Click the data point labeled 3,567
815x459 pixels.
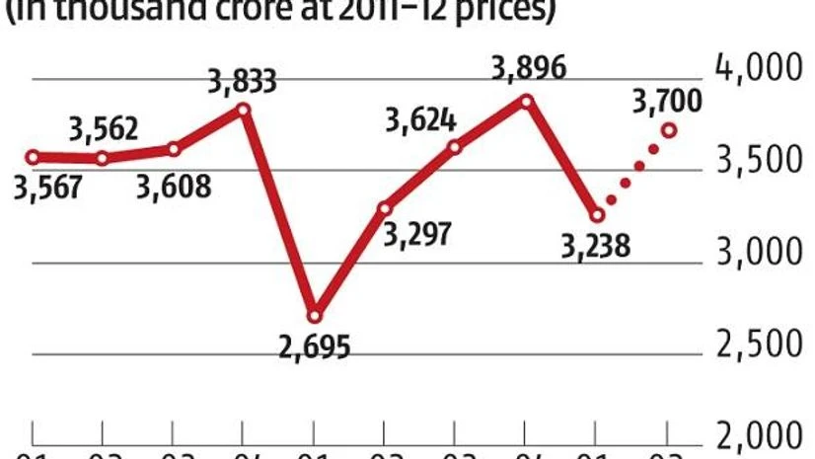coord(33,157)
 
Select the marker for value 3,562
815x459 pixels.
coord(103,158)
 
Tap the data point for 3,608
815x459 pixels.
coord(174,149)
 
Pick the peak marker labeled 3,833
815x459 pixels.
coord(245,109)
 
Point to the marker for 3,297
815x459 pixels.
coord(386,207)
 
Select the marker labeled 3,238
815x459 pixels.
coord(597,214)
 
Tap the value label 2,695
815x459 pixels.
coord(315,347)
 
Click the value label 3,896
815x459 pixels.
coord(527,69)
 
